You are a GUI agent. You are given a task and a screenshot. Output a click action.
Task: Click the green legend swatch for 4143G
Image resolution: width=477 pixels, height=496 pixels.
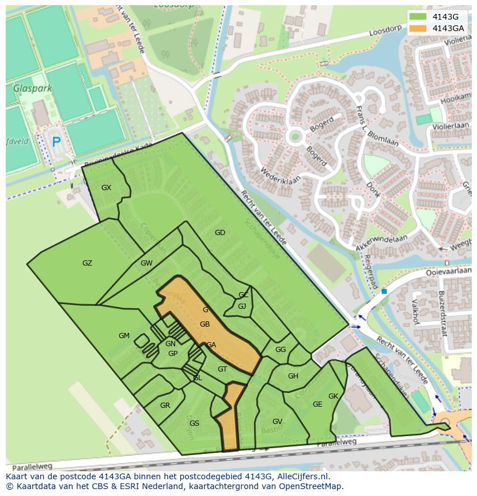[419, 17]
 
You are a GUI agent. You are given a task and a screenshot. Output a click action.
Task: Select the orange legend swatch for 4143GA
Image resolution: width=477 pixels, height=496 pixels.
[419, 28]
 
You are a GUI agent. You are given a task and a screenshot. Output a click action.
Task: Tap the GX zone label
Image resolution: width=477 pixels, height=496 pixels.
[106, 188]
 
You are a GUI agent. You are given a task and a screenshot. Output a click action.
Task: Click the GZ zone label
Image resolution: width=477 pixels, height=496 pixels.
[87, 263]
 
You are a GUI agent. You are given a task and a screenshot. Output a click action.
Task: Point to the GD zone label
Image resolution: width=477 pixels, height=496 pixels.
[219, 233]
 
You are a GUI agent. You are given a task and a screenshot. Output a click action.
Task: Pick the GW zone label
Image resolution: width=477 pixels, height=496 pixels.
[146, 263]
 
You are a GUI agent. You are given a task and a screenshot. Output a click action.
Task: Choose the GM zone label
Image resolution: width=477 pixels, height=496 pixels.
[124, 336]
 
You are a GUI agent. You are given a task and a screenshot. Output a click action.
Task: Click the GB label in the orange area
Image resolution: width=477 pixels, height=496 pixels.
[205, 324]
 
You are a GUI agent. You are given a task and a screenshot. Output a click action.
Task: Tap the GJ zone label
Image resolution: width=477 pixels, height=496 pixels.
[242, 306]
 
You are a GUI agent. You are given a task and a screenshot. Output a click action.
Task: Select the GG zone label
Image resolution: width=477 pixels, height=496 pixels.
[281, 350]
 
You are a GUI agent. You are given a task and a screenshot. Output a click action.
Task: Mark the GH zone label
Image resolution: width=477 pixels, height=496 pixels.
[293, 376]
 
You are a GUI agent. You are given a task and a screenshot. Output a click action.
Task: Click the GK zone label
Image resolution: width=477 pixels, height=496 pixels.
[333, 396]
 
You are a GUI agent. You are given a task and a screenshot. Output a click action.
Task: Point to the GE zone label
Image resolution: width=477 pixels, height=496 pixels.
[317, 404]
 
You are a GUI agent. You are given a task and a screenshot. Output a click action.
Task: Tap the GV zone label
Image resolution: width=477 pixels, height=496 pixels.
[277, 422]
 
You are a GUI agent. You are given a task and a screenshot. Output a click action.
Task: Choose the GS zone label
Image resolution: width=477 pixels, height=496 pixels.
[194, 423]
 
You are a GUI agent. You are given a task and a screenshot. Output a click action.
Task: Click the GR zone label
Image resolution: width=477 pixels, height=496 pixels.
[165, 406]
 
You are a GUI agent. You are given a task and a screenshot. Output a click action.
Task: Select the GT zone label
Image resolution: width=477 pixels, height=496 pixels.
[222, 369]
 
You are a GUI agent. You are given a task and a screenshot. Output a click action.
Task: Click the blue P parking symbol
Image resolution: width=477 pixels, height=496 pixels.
[56, 142]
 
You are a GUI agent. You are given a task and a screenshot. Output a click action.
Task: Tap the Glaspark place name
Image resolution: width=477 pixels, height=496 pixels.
[33, 89]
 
